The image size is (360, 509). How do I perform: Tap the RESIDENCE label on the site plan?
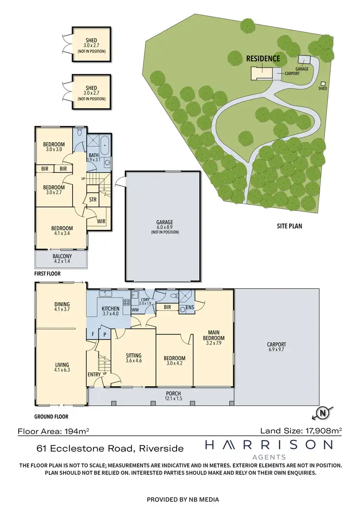(263, 59)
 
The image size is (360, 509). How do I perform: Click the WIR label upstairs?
(101, 221)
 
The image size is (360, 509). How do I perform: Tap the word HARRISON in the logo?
(268, 446)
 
